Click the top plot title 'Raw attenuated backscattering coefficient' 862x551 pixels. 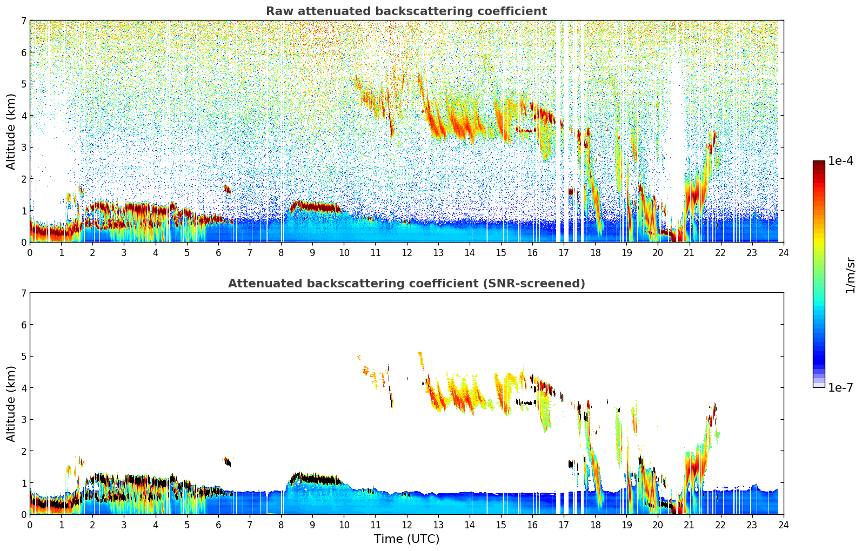406,11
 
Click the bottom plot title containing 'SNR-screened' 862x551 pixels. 406,284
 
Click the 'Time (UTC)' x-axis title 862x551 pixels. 406,539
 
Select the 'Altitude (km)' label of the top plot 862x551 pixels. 11,131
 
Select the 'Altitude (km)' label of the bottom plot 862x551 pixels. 11,404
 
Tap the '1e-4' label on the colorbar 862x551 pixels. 840,161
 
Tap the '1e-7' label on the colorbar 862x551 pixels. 840,387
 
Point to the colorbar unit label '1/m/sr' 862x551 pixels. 850,275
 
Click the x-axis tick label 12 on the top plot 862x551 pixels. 406,252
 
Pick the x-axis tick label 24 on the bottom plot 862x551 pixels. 783,525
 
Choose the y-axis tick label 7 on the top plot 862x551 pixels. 24,21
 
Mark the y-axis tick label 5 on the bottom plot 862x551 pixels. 24,357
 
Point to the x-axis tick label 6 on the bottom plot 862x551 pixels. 218,525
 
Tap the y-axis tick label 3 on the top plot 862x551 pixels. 24,147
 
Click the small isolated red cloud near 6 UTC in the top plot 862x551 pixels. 226,189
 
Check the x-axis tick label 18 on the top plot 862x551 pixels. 595,252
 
